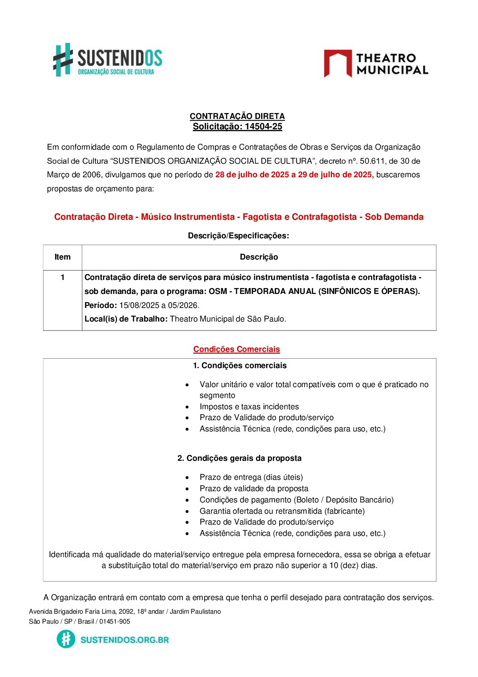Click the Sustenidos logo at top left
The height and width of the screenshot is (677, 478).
(108, 60)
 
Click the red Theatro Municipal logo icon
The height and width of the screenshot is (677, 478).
(337, 63)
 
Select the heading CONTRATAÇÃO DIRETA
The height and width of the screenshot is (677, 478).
(237, 116)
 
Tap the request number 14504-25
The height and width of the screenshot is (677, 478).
(263, 127)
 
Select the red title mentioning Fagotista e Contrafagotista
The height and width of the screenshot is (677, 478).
(239, 217)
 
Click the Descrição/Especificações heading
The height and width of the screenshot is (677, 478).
(238, 236)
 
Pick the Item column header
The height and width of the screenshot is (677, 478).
(62, 257)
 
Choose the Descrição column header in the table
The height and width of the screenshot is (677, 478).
(259, 257)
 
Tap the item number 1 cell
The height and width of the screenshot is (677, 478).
(62, 277)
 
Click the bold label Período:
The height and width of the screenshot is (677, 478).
(101, 305)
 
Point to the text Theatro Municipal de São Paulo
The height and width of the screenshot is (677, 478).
(228, 319)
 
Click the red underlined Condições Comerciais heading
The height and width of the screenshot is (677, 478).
(236, 349)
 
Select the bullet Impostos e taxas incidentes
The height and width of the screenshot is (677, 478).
(249, 407)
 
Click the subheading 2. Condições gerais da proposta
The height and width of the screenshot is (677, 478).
(239, 458)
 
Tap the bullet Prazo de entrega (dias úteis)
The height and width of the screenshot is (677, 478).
(251, 477)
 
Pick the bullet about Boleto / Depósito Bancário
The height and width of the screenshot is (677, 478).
(296, 500)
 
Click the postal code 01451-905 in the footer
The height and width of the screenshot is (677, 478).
(115, 621)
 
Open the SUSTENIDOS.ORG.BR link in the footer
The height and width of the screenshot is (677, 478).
(124, 639)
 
